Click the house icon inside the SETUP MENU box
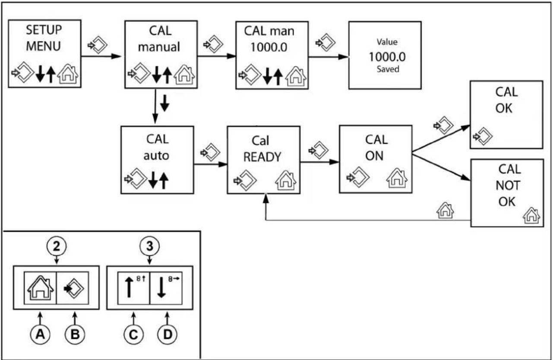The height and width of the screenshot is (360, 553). (x=68, y=74)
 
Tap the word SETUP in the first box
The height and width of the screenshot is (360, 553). (x=44, y=30)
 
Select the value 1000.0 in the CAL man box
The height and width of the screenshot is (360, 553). (x=269, y=47)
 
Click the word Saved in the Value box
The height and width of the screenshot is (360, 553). (x=388, y=69)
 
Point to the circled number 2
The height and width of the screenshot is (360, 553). (x=57, y=246)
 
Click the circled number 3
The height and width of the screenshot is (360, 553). (x=150, y=246)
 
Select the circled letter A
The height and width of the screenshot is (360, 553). (x=40, y=335)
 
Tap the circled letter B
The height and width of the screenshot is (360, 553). (x=75, y=335)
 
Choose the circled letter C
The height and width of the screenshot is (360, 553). (x=133, y=335)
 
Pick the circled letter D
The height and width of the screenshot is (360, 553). (x=167, y=335)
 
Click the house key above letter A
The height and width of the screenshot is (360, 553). (x=40, y=288)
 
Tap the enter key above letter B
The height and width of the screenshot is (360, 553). (x=73, y=288)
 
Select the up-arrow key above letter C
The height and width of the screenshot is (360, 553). (x=133, y=288)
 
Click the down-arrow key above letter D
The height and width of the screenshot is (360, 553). (x=166, y=288)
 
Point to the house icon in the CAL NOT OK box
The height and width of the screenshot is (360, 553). (x=531, y=215)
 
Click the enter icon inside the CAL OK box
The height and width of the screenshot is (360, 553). (x=483, y=136)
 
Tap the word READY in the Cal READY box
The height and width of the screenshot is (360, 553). (x=262, y=157)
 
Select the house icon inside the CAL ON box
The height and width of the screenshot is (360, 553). (x=397, y=178)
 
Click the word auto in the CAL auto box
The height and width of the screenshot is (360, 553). (x=156, y=156)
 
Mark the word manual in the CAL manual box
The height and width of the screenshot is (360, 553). (x=159, y=47)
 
